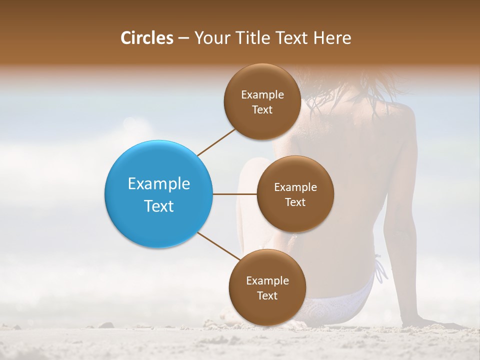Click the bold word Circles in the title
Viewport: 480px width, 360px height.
pyautogui.click(x=146, y=38)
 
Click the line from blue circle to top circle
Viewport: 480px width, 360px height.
pyautogui.click(x=217, y=141)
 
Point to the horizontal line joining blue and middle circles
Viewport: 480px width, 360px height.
pyautogui.click(x=234, y=194)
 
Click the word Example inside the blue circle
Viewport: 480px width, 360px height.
pyautogui.click(x=159, y=184)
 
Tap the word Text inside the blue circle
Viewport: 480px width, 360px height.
pyautogui.click(x=159, y=206)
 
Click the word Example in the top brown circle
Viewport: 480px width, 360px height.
pyautogui.click(x=262, y=95)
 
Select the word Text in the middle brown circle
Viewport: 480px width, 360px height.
pyautogui.click(x=295, y=202)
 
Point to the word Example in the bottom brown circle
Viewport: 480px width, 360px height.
pyautogui.click(x=267, y=281)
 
